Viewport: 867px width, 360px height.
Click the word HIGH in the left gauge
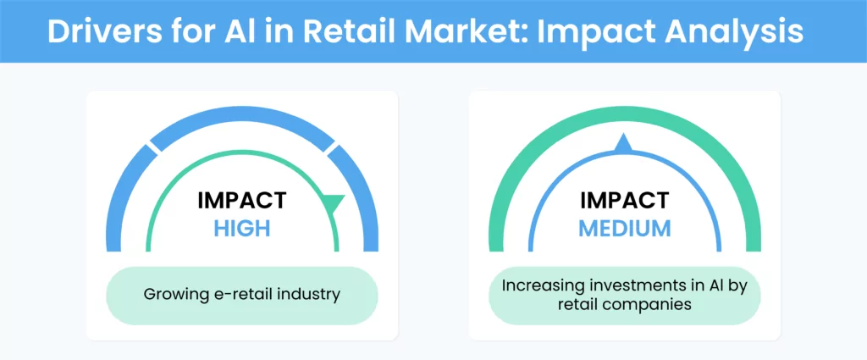click(x=242, y=228)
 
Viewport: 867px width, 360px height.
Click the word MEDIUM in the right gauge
click(x=625, y=228)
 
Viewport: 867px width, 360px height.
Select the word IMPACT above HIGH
click(x=242, y=200)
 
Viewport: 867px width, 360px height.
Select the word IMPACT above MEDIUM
click(x=625, y=200)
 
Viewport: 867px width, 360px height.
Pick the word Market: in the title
click(x=463, y=32)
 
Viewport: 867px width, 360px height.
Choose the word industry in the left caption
click(x=312, y=295)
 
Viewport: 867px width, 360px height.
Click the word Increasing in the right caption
click(x=538, y=286)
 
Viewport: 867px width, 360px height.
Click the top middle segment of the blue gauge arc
click(x=242, y=118)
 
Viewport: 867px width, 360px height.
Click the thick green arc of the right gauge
click(x=625, y=114)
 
